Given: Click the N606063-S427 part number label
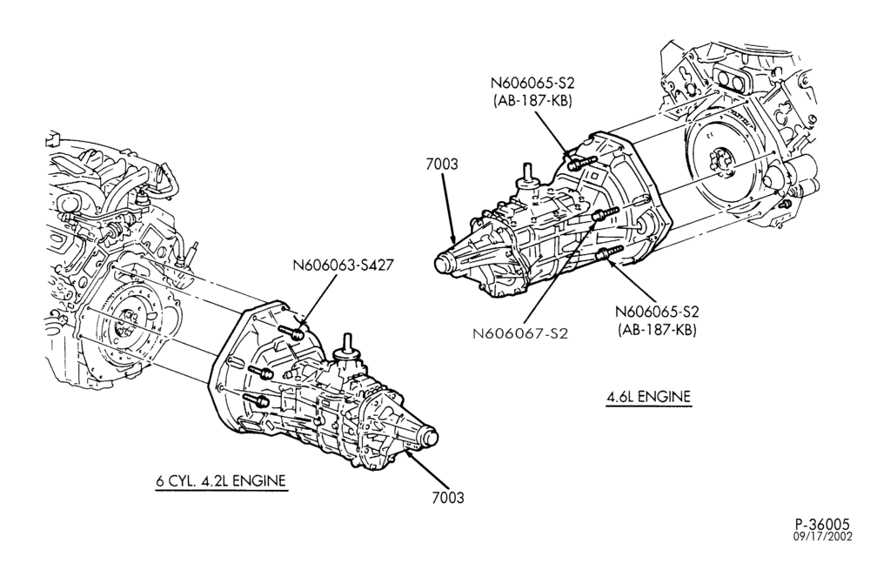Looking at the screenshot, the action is pos(343,265).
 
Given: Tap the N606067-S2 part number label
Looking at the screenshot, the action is pos(520,333).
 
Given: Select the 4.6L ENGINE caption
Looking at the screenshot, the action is pos(649,397).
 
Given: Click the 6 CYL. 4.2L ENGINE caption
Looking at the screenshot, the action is pos(221,480).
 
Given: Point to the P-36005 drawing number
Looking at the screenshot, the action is pos(822,525).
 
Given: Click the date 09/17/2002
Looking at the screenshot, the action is pos(821,537).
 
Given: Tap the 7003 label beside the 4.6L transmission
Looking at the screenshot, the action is pos(442,164).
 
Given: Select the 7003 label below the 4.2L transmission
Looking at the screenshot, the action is pos(448,497).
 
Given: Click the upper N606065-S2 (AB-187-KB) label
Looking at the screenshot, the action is pos(532,92).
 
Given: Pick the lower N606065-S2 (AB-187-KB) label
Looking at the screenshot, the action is pos(657,320).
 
